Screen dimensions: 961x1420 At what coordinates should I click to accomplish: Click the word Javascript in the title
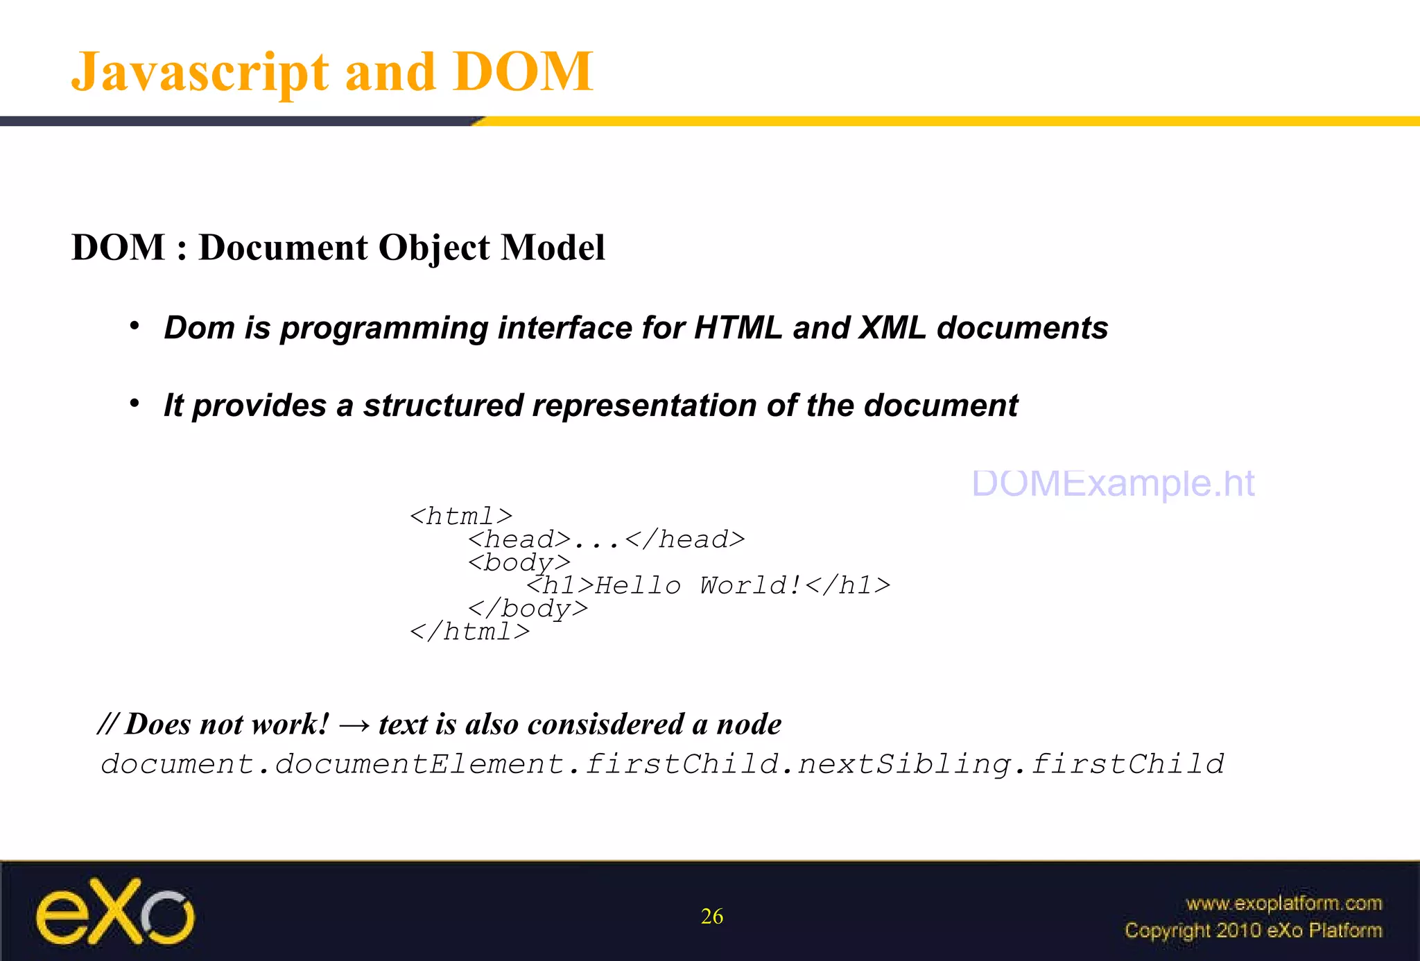200,72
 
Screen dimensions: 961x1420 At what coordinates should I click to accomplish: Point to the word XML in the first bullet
892,328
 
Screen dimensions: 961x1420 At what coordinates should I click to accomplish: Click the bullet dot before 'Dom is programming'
135,326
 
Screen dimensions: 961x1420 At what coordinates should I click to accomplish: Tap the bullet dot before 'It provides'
135,404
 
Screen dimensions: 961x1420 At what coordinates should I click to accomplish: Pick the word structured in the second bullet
442,406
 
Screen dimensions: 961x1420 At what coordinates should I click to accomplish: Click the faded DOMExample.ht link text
1113,483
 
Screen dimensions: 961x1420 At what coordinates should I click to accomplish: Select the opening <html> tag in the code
461,517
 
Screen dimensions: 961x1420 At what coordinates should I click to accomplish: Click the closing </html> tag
469,632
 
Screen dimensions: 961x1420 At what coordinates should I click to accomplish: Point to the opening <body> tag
519,562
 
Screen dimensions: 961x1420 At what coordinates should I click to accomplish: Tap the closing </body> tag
528,609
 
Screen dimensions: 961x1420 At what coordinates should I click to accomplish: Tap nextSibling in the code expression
903,765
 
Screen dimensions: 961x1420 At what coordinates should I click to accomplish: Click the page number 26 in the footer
712,917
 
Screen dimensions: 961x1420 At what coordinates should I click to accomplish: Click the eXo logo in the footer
115,912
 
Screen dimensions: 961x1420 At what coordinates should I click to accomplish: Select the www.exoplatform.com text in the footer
1284,903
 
